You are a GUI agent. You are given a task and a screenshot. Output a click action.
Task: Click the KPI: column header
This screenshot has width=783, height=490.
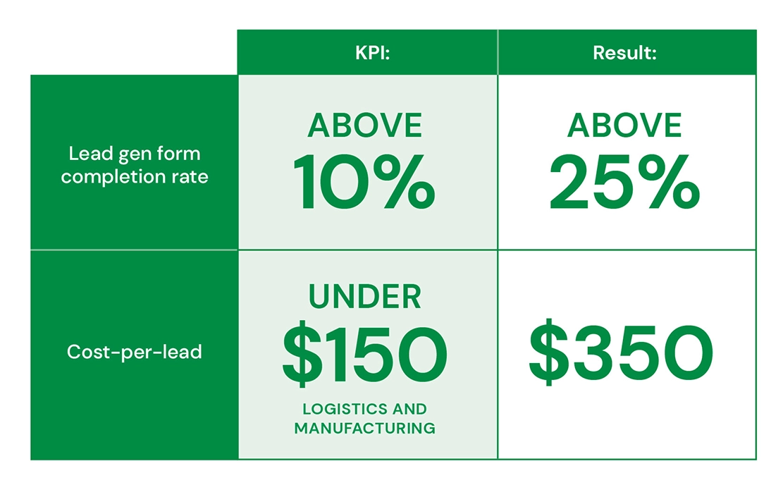click(x=373, y=53)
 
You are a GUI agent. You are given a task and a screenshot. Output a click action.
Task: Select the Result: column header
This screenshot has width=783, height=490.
click(x=624, y=53)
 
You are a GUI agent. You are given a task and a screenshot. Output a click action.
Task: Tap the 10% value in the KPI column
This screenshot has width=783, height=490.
click(x=364, y=182)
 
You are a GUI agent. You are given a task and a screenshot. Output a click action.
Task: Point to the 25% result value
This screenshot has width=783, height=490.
click(x=624, y=182)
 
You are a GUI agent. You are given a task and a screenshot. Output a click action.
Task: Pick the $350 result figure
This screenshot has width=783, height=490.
click(x=621, y=352)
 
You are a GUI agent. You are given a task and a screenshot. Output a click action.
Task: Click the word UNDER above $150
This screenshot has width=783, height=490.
click(x=365, y=297)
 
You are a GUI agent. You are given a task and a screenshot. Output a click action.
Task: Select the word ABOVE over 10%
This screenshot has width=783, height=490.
click(x=364, y=125)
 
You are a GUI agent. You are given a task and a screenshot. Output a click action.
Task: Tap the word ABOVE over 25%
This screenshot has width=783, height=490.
click(x=624, y=125)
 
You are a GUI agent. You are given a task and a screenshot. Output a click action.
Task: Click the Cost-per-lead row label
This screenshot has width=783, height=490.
click(x=135, y=352)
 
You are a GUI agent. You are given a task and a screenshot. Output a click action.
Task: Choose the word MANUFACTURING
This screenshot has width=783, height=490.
click(x=364, y=429)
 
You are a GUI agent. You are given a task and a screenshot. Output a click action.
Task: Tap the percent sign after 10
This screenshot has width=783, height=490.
click(x=404, y=182)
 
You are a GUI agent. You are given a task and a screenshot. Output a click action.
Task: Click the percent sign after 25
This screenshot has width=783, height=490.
click(x=669, y=182)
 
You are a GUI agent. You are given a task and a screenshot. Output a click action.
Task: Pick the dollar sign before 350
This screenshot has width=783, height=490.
click(x=549, y=352)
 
